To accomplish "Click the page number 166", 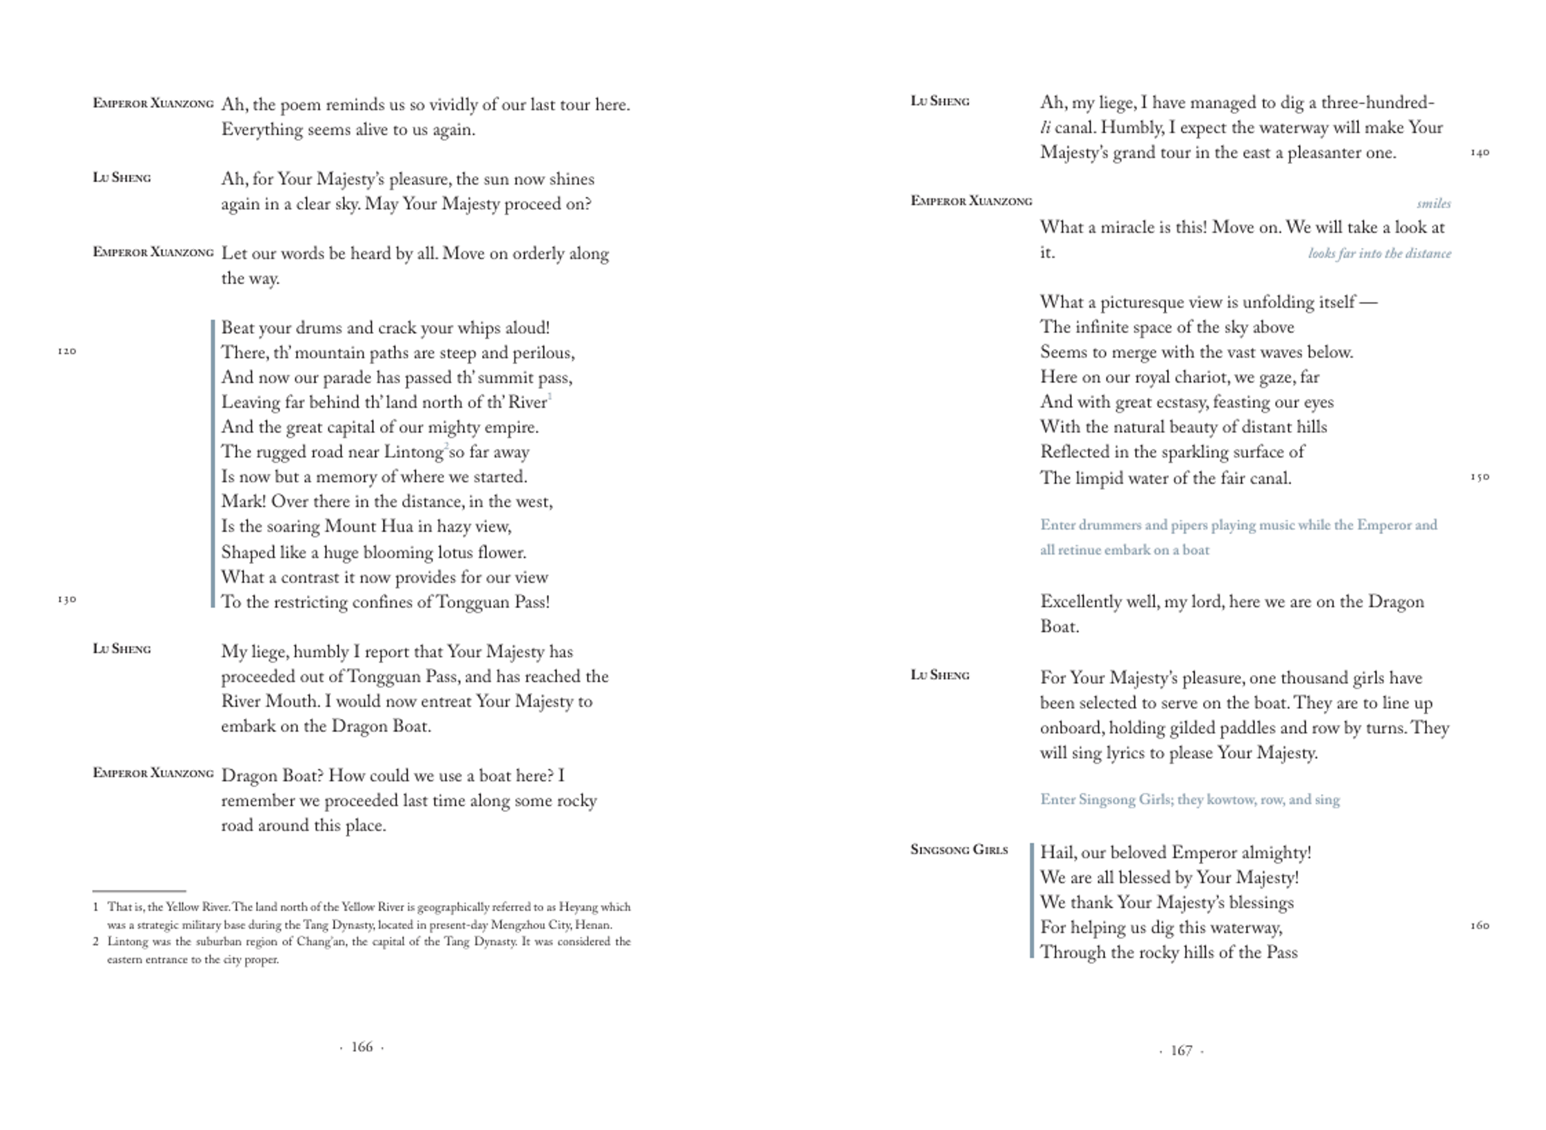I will point(361,1046).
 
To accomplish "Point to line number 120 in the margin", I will point(66,352).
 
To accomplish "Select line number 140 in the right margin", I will point(1480,152).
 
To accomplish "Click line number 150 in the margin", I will point(1480,477).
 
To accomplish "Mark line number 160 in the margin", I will point(1480,925).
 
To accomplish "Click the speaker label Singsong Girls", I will point(959,850).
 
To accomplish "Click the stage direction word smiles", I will point(1433,203).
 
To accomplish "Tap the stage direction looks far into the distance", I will point(1379,253).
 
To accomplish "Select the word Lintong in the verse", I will point(413,452).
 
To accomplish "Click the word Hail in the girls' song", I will point(1058,852).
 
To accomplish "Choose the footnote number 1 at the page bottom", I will point(96,907).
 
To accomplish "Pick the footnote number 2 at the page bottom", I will point(96,942).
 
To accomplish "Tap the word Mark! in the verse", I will point(243,501).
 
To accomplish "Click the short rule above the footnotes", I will point(139,891).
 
